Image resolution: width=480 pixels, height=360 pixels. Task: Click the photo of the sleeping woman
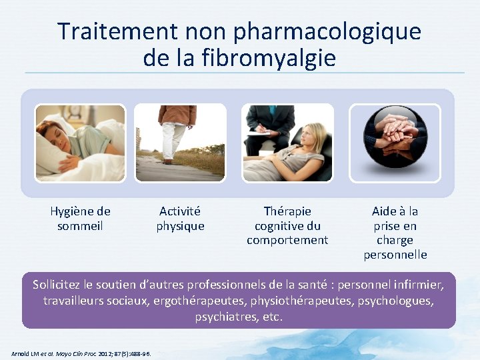click(80, 143)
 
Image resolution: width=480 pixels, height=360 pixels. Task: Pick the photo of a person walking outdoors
click(180, 143)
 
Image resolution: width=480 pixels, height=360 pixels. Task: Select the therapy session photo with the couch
click(287, 143)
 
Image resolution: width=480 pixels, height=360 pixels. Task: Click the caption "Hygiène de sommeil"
click(80, 219)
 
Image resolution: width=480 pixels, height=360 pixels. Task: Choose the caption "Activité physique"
click(180, 219)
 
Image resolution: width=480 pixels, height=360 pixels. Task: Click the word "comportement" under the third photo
click(287, 240)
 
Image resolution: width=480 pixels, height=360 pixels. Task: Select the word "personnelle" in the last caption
click(395, 255)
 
